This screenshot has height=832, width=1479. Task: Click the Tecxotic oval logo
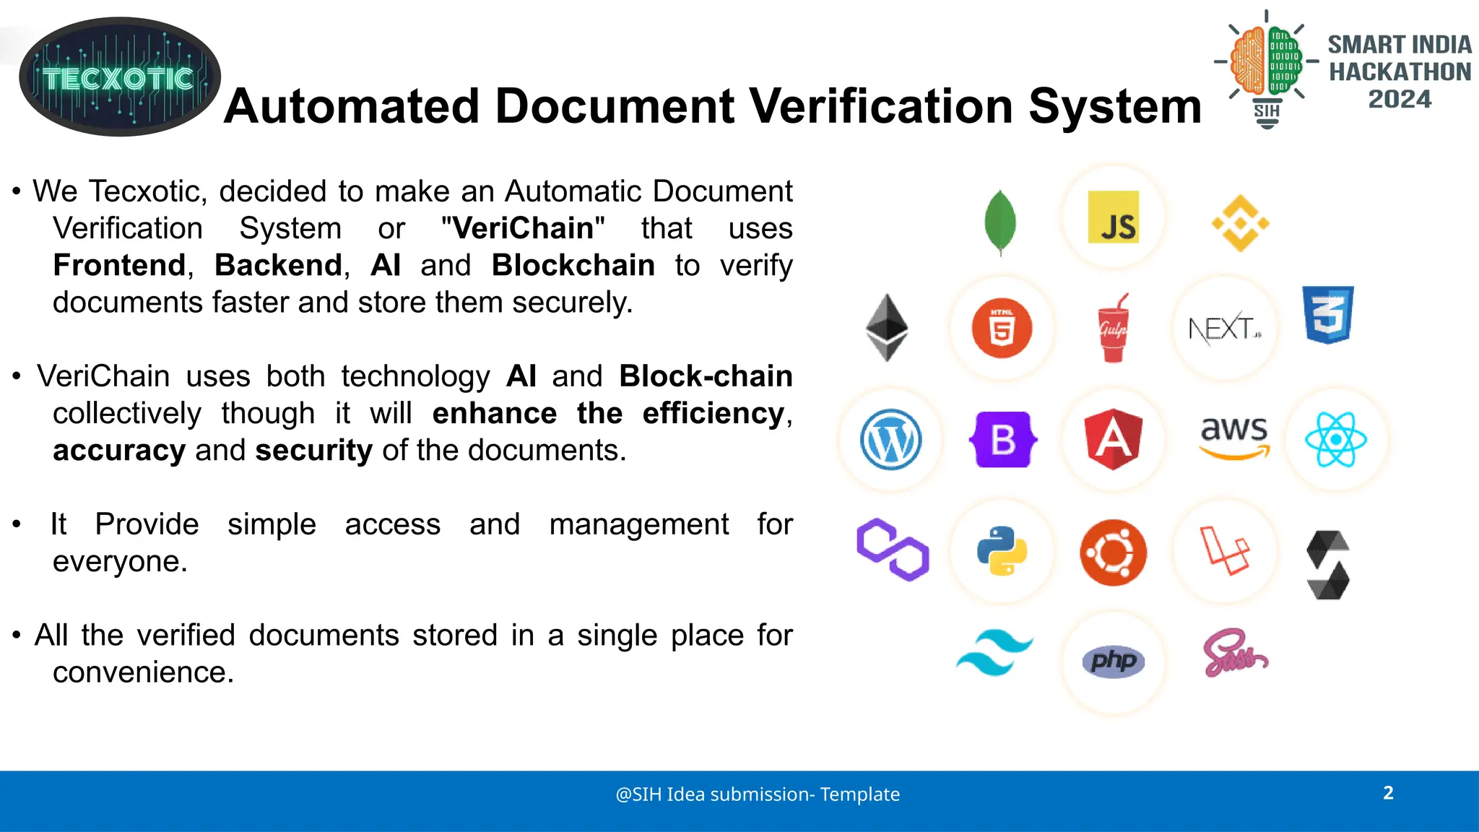(x=119, y=77)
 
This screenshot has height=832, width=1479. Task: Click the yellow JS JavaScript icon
(x=1113, y=217)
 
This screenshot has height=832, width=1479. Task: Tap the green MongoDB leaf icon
(x=1000, y=222)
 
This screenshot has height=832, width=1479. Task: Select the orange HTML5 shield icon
(x=1002, y=329)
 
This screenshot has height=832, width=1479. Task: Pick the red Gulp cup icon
(x=1113, y=329)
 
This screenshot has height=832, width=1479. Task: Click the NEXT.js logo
(x=1224, y=329)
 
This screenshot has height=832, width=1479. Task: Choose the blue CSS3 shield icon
(x=1328, y=315)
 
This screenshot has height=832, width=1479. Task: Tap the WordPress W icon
(x=890, y=440)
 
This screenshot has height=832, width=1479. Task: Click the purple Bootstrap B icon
(x=1002, y=440)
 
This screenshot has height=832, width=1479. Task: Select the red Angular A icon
(x=1114, y=439)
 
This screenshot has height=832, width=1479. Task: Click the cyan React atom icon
(x=1336, y=440)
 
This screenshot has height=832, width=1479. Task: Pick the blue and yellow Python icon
(x=1002, y=551)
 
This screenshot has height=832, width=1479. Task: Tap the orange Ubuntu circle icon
(x=1113, y=552)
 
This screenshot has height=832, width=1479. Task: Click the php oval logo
(x=1113, y=661)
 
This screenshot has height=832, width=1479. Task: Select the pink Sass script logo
(x=1234, y=654)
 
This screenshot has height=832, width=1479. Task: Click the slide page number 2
(x=1388, y=793)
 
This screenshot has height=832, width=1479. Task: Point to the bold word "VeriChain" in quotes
(x=523, y=228)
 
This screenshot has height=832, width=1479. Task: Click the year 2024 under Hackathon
(x=1400, y=99)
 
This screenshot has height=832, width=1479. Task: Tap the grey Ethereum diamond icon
(x=887, y=327)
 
